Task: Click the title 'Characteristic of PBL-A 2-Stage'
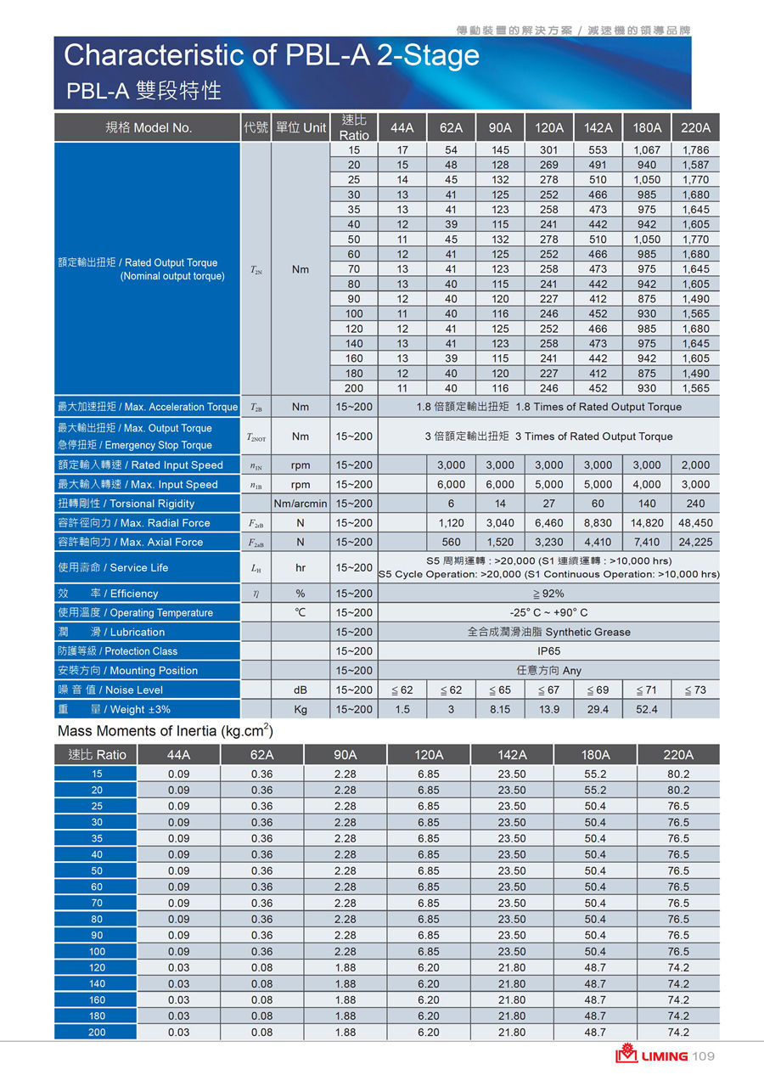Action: [x=272, y=55]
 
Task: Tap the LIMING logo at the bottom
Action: [x=652, y=1056]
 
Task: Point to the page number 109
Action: [x=704, y=1056]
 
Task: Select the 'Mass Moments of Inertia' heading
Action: [x=165, y=730]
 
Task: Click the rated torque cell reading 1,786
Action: [x=695, y=150]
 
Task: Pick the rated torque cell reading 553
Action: [x=598, y=150]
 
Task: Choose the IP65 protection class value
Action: [x=548, y=651]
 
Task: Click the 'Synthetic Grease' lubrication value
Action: [x=548, y=632]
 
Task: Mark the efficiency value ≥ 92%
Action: [x=548, y=594]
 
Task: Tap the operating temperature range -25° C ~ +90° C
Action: [x=548, y=612]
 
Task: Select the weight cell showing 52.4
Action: [x=647, y=709]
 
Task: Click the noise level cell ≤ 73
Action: [x=695, y=690]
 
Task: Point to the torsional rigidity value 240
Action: [x=695, y=504]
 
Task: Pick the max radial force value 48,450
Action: [x=695, y=523]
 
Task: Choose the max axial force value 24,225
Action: [x=695, y=542]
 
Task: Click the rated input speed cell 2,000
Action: [x=695, y=465]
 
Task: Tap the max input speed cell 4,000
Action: [x=647, y=484]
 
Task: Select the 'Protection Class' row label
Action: [x=117, y=651]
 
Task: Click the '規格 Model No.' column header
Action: [x=149, y=128]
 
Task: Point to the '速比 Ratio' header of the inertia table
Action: [x=97, y=754]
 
